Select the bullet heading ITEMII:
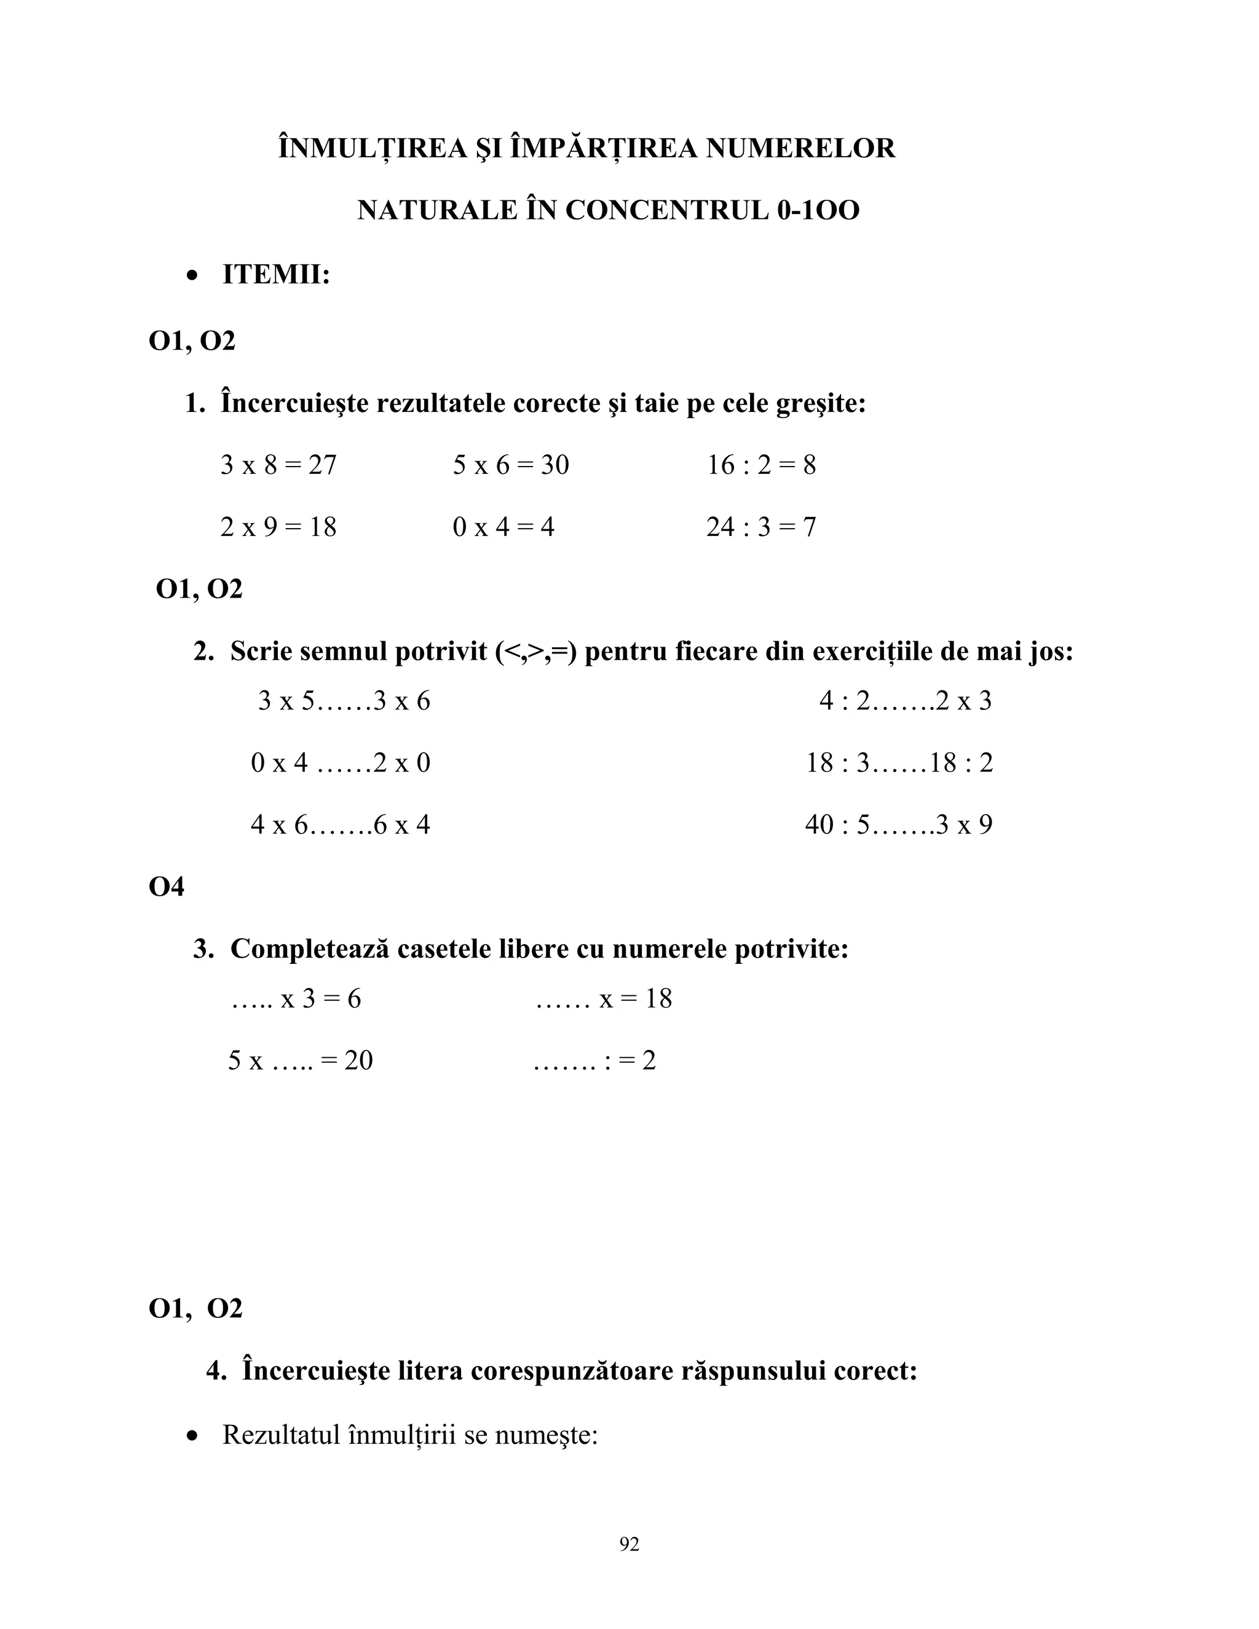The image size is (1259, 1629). (x=275, y=275)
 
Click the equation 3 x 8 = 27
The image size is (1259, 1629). (x=278, y=465)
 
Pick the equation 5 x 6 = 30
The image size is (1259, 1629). (x=510, y=465)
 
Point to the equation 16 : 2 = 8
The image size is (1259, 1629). (x=761, y=465)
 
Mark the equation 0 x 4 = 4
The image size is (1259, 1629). (x=503, y=527)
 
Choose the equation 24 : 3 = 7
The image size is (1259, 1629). (x=761, y=527)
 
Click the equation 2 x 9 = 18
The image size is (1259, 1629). (x=278, y=527)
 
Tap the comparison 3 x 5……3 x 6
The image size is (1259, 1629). (x=344, y=701)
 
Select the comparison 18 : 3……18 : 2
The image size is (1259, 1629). (x=899, y=763)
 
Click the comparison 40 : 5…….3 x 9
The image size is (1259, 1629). (x=898, y=825)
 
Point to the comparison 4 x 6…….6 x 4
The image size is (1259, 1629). (x=340, y=825)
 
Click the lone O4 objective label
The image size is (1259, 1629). (x=167, y=887)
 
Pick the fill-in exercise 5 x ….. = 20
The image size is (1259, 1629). (x=300, y=1060)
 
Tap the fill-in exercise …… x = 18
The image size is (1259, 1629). (x=604, y=999)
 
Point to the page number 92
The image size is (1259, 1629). (x=629, y=1545)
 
